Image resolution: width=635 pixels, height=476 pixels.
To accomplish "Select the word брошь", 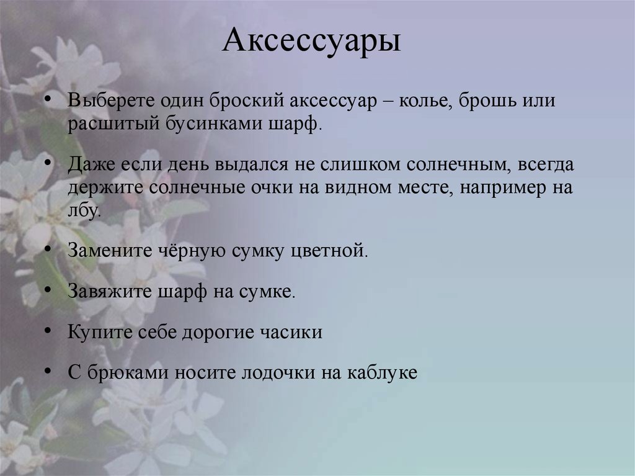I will click(490, 102).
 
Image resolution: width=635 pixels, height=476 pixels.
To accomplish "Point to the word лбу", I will click(84, 210).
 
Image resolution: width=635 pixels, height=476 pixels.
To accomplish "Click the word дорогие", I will click(222, 332).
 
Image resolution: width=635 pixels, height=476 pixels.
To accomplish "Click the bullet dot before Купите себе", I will click(48, 331).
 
